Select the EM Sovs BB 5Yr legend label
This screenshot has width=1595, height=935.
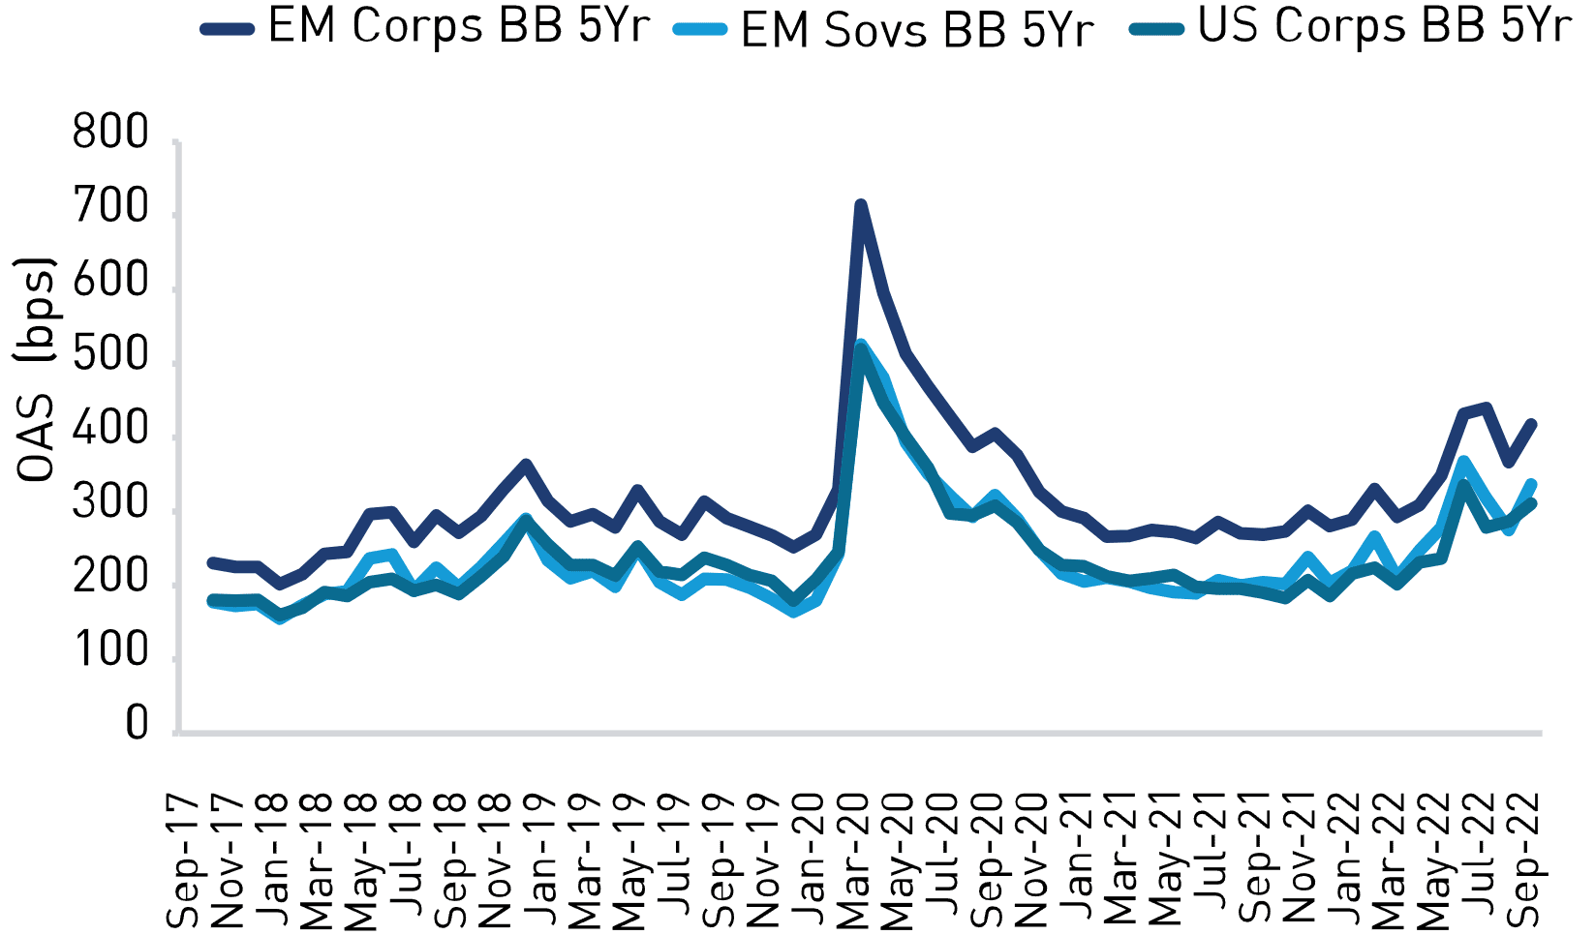point(916,30)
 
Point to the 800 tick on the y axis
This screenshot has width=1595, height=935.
point(111,135)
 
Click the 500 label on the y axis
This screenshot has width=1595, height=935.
point(111,357)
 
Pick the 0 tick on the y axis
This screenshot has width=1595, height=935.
point(138,724)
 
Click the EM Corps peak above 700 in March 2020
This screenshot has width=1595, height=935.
point(860,205)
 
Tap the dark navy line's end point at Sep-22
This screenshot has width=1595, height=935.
point(1531,424)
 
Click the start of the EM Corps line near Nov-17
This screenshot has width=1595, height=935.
point(213,562)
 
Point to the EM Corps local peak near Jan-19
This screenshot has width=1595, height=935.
point(526,465)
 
